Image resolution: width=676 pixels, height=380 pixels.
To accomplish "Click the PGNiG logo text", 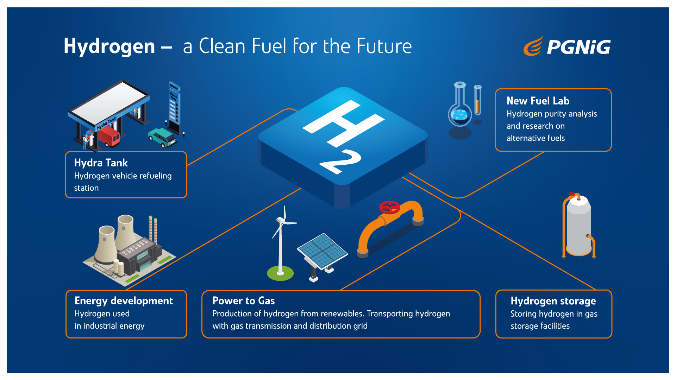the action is click(x=578, y=47).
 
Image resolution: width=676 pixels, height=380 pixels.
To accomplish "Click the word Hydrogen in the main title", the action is click(x=109, y=46).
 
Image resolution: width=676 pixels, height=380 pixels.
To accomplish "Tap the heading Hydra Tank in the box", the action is click(x=101, y=163).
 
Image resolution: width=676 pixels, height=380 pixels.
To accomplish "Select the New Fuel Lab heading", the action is click(x=538, y=101).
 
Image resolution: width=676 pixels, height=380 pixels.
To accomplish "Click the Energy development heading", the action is click(x=124, y=301).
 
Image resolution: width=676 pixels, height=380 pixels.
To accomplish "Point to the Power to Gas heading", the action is click(x=244, y=301).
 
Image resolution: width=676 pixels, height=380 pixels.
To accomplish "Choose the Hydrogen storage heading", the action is click(x=553, y=301).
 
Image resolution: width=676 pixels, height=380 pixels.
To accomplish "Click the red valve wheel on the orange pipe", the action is click(x=389, y=207).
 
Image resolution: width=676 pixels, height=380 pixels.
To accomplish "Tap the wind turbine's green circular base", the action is click(x=280, y=273).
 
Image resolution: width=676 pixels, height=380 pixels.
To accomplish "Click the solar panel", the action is click(x=322, y=251).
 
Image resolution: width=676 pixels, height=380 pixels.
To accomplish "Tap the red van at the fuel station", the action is click(x=109, y=136).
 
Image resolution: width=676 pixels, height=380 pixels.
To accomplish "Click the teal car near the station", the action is click(x=162, y=138).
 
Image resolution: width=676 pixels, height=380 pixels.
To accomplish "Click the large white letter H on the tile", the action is click(x=344, y=123).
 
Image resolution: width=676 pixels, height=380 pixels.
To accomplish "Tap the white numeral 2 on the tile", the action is click(x=340, y=161).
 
